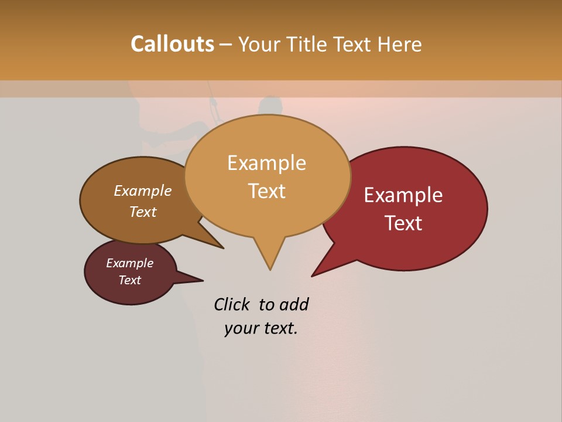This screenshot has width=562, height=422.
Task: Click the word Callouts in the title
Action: [x=172, y=44]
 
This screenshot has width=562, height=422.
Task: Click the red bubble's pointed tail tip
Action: [x=313, y=275]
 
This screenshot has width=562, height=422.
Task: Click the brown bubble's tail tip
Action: [x=222, y=248]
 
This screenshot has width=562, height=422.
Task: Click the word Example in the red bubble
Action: [x=403, y=195]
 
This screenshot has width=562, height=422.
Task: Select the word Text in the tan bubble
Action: [x=267, y=191]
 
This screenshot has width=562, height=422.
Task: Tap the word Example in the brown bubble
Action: [x=143, y=190]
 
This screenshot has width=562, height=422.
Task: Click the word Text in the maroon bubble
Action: [x=130, y=280]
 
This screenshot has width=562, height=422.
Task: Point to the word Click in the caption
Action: [x=232, y=304]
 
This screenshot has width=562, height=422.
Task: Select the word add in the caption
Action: [x=294, y=304]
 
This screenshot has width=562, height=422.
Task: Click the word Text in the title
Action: [x=355, y=44]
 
